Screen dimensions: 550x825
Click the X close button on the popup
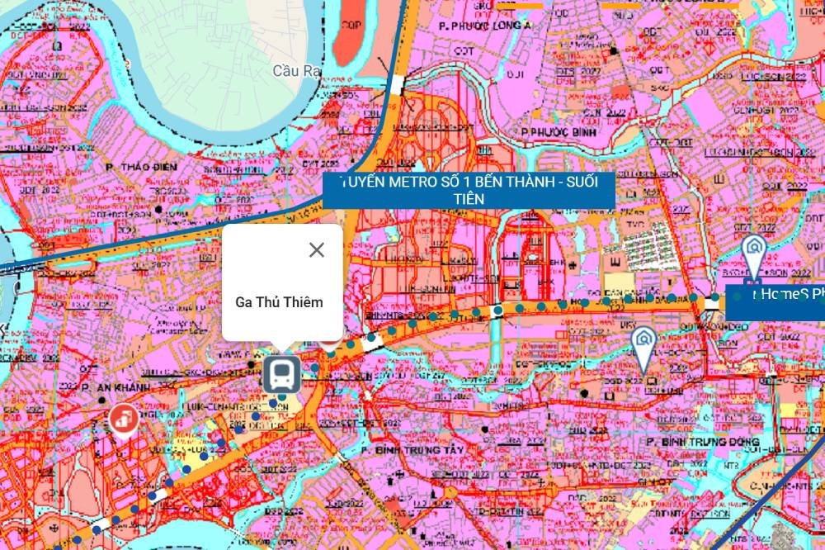(317, 250)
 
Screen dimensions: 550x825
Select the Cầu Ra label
(296, 71)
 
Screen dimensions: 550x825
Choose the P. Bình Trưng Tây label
(408, 450)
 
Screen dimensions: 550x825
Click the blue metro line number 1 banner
(469, 191)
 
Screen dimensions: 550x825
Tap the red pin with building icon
(124, 420)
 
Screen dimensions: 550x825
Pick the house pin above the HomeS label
(752, 250)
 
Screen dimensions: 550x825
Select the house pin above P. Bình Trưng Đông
(643, 342)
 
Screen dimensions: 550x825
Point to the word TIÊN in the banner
(469, 199)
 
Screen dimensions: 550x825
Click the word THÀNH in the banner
(531, 183)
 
